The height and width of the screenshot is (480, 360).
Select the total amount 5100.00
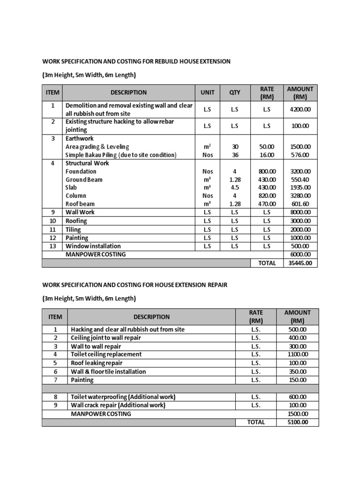(x=298, y=422)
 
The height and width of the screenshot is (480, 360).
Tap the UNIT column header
(x=208, y=93)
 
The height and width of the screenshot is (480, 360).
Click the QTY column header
(x=234, y=93)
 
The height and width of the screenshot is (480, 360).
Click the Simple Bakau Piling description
(x=120, y=155)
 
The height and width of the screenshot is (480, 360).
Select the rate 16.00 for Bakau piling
(x=267, y=155)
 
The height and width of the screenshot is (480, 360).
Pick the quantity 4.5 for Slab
(x=234, y=187)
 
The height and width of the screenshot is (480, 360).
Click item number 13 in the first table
(x=53, y=246)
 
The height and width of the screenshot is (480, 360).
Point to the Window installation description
(x=93, y=246)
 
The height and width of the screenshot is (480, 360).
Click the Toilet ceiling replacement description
(x=106, y=354)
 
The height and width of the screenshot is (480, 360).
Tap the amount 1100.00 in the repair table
(x=298, y=354)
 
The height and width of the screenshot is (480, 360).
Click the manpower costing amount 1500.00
(x=298, y=414)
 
